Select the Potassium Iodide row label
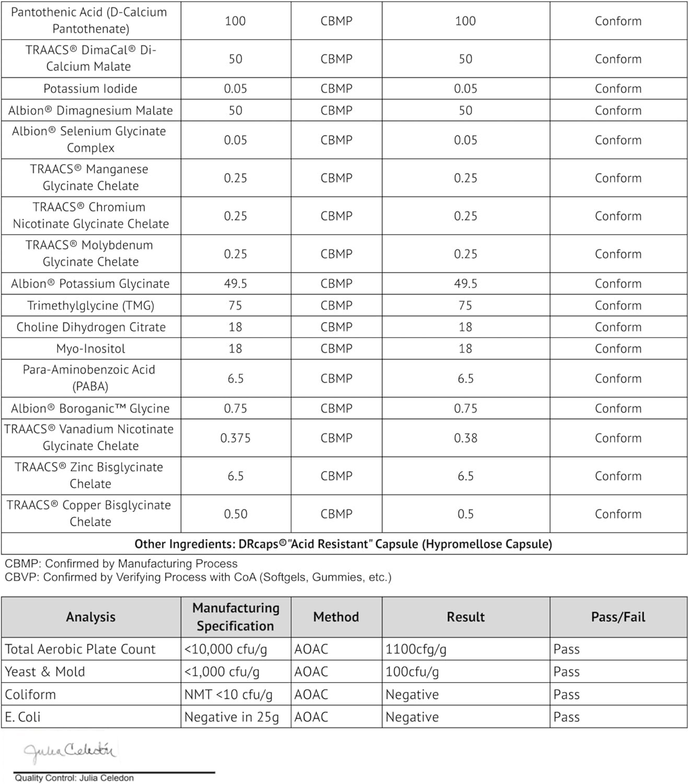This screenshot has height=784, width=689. click(x=90, y=89)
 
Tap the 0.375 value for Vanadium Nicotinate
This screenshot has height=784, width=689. click(x=235, y=438)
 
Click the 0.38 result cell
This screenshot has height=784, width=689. click(x=465, y=438)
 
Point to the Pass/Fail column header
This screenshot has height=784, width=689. click(x=618, y=617)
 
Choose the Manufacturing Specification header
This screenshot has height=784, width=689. click(x=236, y=617)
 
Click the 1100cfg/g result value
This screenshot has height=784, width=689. click(x=416, y=649)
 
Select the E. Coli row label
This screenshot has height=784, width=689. click(x=23, y=717)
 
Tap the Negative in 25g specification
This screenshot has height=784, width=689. click(x=231, y=717)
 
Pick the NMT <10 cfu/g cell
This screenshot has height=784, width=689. click(x=228, y=695)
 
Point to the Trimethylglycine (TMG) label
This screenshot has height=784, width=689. click(x=90, y=306)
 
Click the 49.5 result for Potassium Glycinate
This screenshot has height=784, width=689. click(x=465, y=284)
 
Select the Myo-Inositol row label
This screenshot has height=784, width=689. click(x=90, y=349)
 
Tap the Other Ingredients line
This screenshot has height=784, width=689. click(x=343, y=544)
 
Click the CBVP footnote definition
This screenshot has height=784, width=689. click(x=198, y=578)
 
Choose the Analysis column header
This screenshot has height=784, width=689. click(x=90, y=617)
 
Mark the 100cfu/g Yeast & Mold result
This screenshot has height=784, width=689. click(x=412, y=672)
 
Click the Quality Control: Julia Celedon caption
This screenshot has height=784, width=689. click(x=74, y=778)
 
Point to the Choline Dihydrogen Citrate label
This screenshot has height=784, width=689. click(x=91, y=327)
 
